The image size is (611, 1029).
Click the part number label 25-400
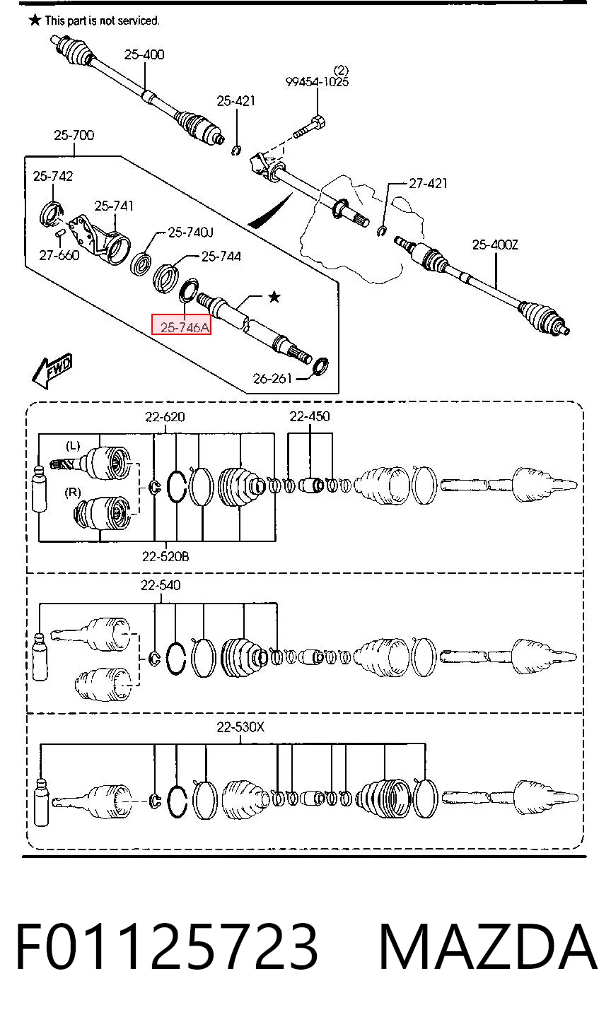coord(144,54)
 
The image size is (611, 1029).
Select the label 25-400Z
coord(495,245)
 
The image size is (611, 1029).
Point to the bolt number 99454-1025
coord(318,82)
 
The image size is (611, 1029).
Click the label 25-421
coord(236,101)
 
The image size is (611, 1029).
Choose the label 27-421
coord(428,184)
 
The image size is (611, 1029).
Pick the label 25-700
coord(74,135)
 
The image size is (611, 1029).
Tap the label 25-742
coord(53,176)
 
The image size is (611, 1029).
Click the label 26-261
coord(272,379)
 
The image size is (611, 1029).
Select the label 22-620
coord(165,417)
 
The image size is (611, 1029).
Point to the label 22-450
coord(310,416)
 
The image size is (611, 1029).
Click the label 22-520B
coord(165,556)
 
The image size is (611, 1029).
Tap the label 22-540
coord(161,584)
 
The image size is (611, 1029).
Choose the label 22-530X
coord(240,727)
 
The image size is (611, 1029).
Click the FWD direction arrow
coord(52,370)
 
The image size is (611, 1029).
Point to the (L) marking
coord(73,445)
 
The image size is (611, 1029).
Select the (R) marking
coord(73,493)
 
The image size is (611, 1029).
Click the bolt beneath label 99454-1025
coord(310,128)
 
